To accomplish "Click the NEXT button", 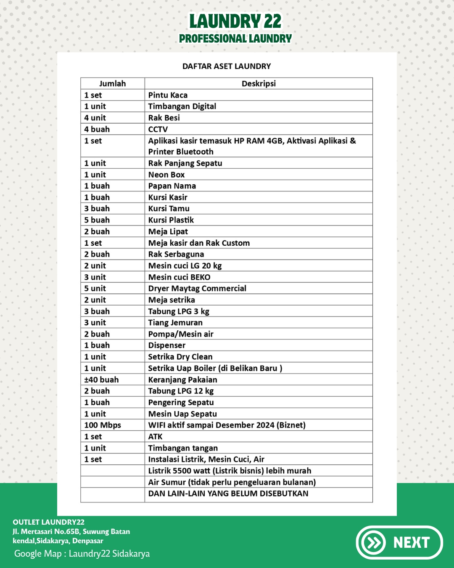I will (x=399, y=542).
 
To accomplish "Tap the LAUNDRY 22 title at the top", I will (x=235, y=21).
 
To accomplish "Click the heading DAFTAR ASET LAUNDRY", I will (x=227, y=66).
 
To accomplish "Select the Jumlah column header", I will (x=112, y=83).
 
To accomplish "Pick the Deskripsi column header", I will (x=259, y=83).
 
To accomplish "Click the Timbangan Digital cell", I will (x=182, y=106).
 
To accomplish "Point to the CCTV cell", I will (x=158, y=129).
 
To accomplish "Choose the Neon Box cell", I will (x=166, y=175).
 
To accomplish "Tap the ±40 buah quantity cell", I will (x=101, y=380).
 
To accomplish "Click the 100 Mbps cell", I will (x=103, y=425).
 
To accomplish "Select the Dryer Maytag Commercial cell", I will (x=197, y=288).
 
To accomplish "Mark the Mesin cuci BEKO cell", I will (x=179, y=277).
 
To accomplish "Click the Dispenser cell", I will (x=167, y=345).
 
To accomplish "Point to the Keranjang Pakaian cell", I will (x=182, y=380).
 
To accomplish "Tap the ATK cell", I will (x=155, y=436).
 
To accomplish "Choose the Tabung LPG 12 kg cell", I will (x=181, y=391).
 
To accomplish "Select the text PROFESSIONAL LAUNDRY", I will (x=235, y=39).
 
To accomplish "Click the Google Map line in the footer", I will (x=82, y=554).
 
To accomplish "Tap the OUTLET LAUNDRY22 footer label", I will (x=48, y=522).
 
